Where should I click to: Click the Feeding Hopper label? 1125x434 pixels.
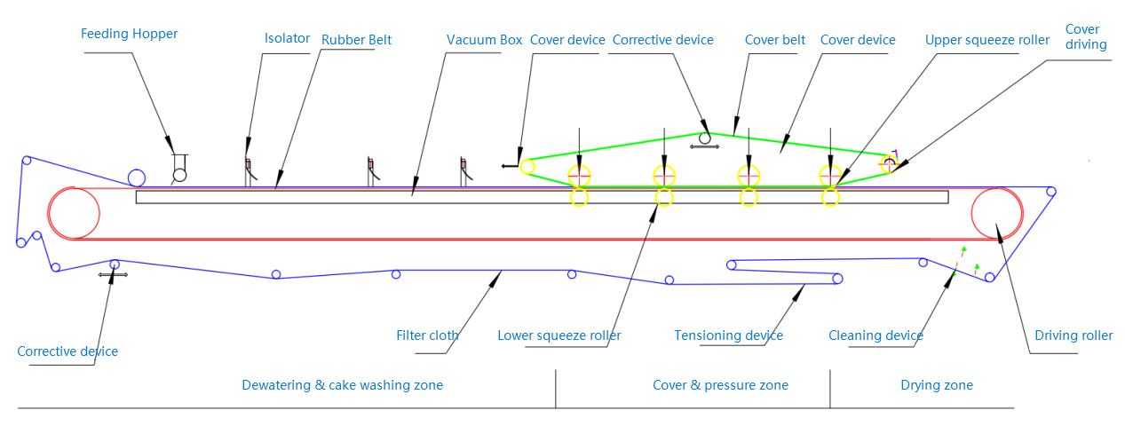[x=129, y=34]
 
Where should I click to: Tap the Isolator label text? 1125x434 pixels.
[x=287, y=38]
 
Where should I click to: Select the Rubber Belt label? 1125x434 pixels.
[x=356, y=40]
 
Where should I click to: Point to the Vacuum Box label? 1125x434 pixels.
[x=484, y=40]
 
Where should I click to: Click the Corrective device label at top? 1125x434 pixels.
[x=662, y=40]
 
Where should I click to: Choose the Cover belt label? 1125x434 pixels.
[x=775, y=40]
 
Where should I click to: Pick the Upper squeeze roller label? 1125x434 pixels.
[x=987, y=40]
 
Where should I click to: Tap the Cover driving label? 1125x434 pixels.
[x=1086, y=36]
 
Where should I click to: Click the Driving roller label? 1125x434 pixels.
[x=1074, y=335]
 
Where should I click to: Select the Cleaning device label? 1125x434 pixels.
[x=875, y=335]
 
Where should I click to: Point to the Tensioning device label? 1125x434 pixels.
[x=728, y=335]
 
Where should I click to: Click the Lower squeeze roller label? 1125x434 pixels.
[x=559, y=335]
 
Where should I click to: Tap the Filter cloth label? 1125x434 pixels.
[x=427, y=335]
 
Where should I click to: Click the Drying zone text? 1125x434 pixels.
[x=936, y=385]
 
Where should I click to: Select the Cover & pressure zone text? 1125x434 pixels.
[x=720, y=385]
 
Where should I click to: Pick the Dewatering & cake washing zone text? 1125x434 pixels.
[x=342, y=385]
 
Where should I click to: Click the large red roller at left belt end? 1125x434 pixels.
[x=74, y=213]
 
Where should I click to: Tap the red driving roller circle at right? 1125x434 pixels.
[x=996, y=213]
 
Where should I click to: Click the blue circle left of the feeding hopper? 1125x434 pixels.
[x=137, y=178]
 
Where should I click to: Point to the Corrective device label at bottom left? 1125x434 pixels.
[x=67, y=351]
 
